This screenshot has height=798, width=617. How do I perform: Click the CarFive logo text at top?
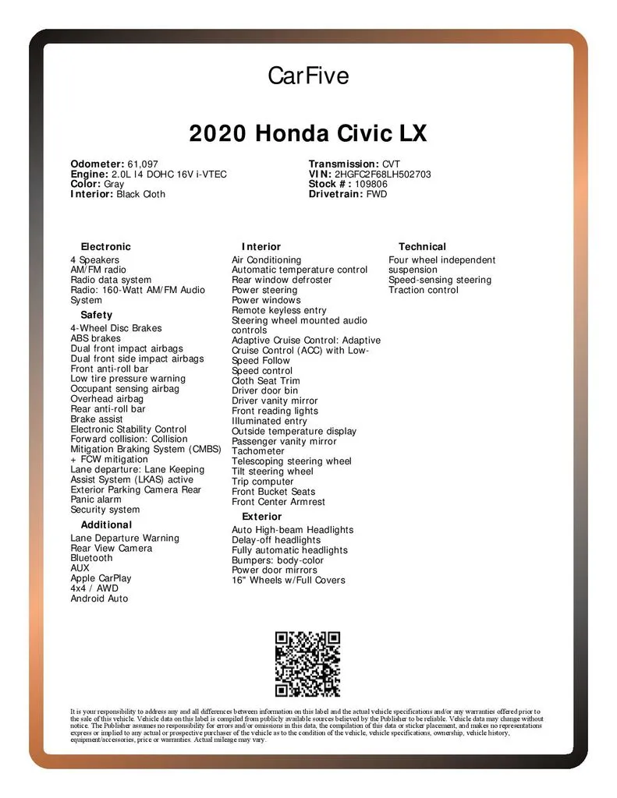(x=308, y=76)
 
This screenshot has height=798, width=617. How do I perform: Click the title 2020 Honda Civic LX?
(x=308, y=133)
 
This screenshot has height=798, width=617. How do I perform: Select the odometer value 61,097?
(x=143, y=164)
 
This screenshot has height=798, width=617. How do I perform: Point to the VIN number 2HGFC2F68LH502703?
(x=382, y=175)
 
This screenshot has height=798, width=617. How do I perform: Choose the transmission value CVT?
(x=391, y=164)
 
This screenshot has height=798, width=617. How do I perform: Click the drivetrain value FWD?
(x=377, y=194)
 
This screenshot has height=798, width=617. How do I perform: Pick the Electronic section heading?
(x=106, y=246)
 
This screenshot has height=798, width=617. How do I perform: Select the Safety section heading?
(x=96, y=315)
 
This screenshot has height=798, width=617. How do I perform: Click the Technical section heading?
(x=422, y=246)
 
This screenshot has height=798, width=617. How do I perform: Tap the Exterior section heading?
(x=261, y=517)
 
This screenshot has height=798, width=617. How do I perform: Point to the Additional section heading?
(x=106, y=524)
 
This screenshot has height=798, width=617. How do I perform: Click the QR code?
(x=307, y=664)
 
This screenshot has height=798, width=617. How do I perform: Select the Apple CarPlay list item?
(x=101, y=578)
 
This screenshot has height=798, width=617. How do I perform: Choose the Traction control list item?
(x=424, y=290)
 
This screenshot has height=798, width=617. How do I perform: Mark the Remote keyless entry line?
(x=278, y=310)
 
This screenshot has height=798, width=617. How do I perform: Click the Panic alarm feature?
(x=96, y=500)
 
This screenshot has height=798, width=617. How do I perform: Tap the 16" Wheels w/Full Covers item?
(x=288, y=580)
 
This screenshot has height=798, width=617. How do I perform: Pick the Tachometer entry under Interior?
(x=258, y=451)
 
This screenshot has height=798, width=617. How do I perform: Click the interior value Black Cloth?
(x=140, y=194)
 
